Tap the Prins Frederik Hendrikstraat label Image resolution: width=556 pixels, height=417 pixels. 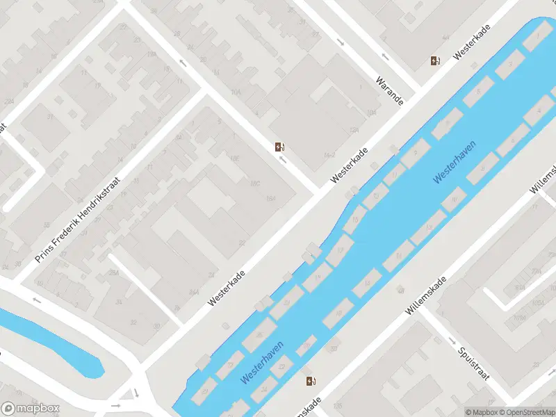pyautogui.click(x=77, y=220)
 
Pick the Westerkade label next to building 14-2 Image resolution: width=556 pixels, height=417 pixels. pyautogui.click(x=349, y=165)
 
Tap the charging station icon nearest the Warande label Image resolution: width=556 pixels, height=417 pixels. pyautogui.click(x=435, y=61)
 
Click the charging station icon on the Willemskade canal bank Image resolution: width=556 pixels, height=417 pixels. pyautogui.click(x=311, y=381)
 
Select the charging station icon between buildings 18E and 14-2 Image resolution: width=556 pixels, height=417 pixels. pyautogui.click(x=279, y=147)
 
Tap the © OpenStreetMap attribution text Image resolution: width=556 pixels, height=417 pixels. pyautogui.click(x=526, y=412)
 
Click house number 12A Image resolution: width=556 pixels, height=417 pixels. pyautogui.click(x=354, y=130)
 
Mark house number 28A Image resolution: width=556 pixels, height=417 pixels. pyautogui.click(x=113, y=272)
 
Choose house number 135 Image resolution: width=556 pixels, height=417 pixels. pyautogui.click(x=338, y=405)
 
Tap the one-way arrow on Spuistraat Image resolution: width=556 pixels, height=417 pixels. pyautogui.click(x=452, y=341)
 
